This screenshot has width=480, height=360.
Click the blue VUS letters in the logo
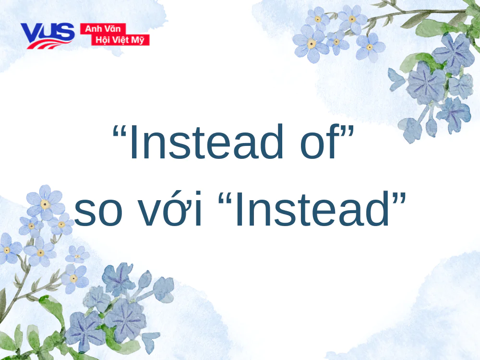pos(47,32)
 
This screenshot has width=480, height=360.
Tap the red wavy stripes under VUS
pos(48,45)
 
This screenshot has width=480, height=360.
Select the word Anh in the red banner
pos(92,29)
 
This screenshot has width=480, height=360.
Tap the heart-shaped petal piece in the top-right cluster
pos(396,80)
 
